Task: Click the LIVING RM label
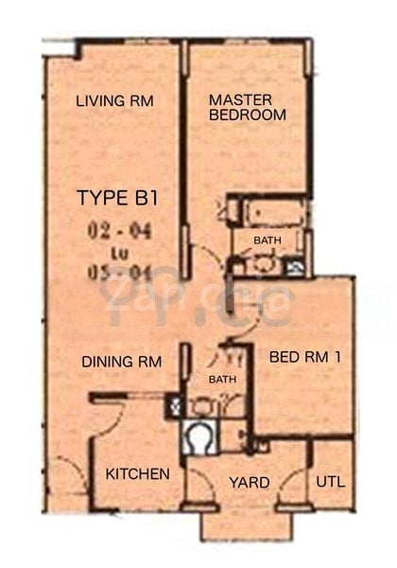114,101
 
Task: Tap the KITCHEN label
137,473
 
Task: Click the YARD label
250,482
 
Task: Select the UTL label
330,481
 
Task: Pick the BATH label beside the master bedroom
267,240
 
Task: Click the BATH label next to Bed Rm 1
222,380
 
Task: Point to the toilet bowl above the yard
199,438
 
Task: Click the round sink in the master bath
265,264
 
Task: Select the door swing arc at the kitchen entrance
109,417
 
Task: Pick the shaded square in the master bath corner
295,268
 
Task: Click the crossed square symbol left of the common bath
174,407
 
